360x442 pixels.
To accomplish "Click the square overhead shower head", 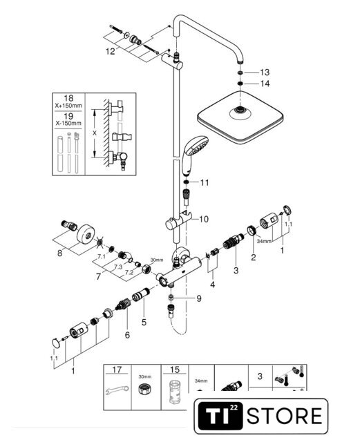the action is [240, 117].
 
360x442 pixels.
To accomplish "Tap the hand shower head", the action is [195, 155].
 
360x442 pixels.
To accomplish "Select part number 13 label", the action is [265, 73].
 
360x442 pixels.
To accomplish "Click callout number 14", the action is [265, 84].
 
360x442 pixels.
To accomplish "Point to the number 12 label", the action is [111, 51].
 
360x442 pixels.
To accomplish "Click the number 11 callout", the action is [205, 182].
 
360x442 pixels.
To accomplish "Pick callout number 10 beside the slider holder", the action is [204, 219].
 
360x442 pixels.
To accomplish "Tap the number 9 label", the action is [199, 298].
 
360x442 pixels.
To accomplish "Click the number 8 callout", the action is [59, 253].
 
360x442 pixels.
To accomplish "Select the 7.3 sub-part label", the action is [118, 267].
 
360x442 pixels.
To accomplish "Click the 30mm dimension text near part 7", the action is [157, 260].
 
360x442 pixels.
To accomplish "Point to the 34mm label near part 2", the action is [264, 241].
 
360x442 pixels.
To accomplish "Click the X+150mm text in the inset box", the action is [68, 106].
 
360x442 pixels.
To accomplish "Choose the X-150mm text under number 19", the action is [68, 123].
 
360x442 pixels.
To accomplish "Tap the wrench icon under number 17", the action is [117, 390].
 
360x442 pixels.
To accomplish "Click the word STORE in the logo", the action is [285, 416].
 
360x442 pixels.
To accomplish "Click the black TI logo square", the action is [220, 416].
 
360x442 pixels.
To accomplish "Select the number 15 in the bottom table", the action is [175, 369].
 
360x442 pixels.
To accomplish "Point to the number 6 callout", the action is [127, 335].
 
